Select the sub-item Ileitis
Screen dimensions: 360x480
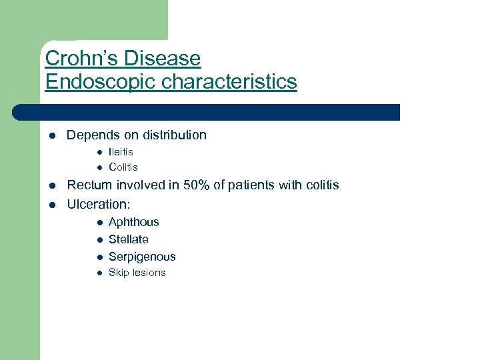(x=121, y=152)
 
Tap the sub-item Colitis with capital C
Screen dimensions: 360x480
(x=123, y=167)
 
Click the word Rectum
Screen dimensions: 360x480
(x=90, y=185)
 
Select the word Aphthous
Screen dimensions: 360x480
(x=133, y=222)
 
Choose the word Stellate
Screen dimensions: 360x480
(x=128, y=239)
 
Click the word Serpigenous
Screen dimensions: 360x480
(x=142, y=257)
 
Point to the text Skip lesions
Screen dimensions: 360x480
(x=137, y=273)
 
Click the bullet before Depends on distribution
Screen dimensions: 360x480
(x=50, y=136)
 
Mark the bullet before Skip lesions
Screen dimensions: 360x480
(x=97, y=273)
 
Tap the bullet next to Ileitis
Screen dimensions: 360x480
(x=97, y=153)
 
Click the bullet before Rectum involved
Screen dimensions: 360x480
(x=50, y=185)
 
